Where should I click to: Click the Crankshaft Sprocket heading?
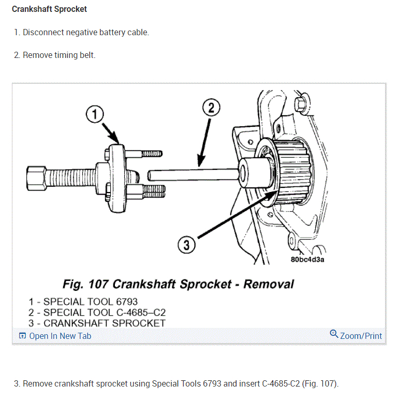point(49,9)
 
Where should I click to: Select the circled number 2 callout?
point(211,108)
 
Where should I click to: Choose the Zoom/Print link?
point(361,336)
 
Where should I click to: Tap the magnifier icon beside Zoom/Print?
point(334,334)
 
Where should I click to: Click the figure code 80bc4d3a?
point(307,259)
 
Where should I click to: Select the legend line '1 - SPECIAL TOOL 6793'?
point(83,301)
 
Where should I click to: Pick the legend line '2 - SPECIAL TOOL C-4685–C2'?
point(97,312)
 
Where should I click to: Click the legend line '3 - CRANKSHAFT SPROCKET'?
point(97,323)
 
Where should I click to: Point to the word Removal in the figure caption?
point(269,284)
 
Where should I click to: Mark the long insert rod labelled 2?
point(191,172)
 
